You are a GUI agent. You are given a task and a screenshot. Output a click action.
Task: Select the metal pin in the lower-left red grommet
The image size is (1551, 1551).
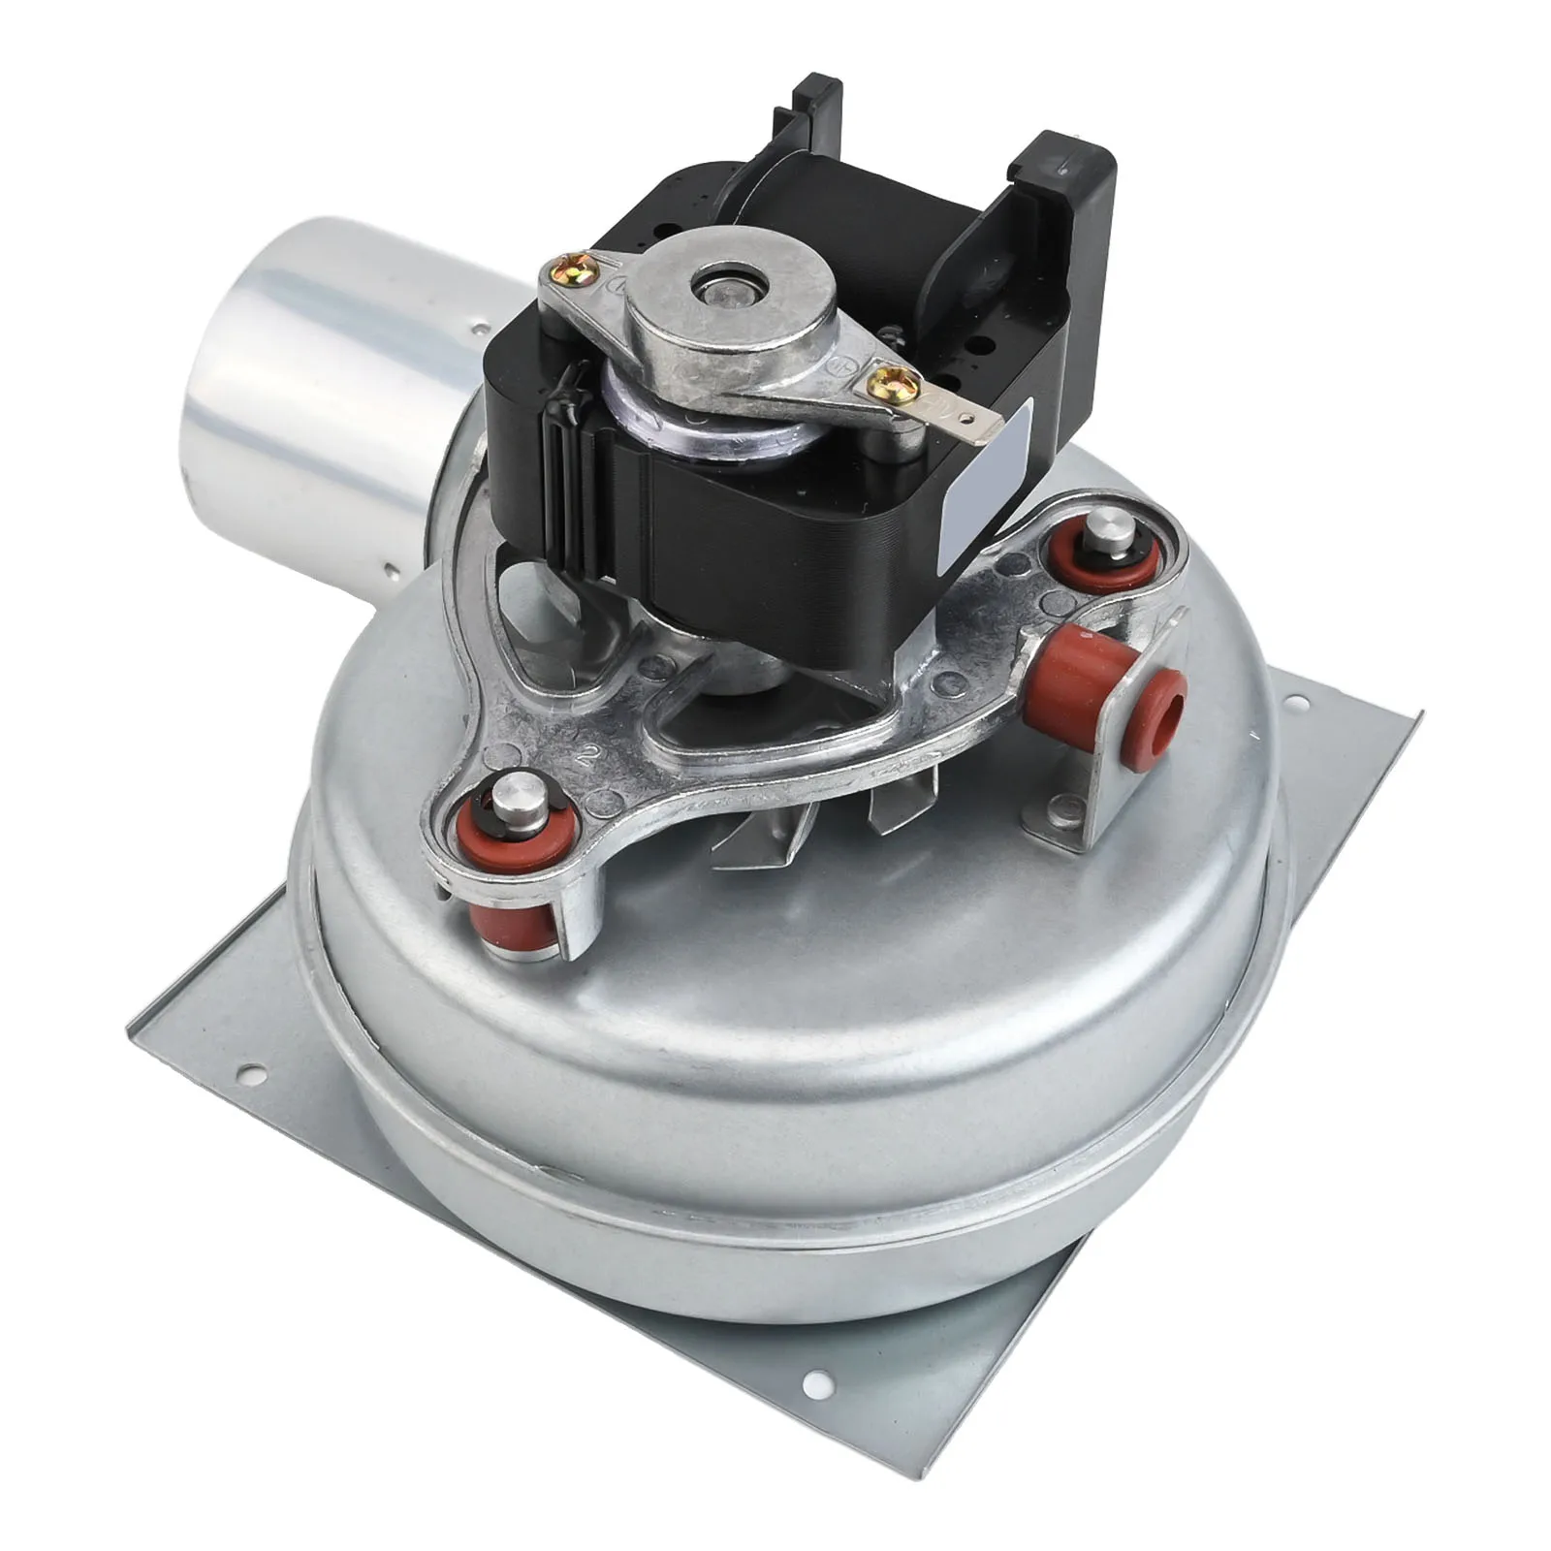513,802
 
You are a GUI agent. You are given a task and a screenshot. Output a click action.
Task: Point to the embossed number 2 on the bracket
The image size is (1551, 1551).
586,757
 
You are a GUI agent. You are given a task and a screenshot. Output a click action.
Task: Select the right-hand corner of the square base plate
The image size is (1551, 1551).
1420,715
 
